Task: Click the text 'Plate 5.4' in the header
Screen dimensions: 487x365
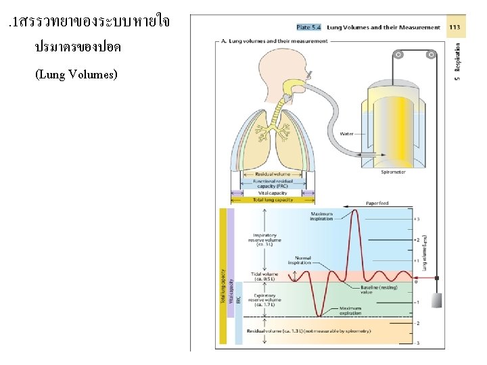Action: [x=308, y=28]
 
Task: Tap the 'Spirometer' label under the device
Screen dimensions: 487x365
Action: [x=393, y=172]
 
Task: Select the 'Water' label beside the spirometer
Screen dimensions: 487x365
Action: [x=347, y=133]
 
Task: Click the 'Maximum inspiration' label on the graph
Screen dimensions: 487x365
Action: [x=321, y=216]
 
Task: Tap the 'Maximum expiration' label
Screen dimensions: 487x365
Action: [x=350, y=310]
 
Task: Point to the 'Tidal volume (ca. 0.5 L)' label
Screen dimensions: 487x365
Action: [x=265, y=276]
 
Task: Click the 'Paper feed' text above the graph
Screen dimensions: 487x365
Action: [x=377, y=203]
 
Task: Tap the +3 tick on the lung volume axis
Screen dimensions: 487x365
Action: [x=418, y=219]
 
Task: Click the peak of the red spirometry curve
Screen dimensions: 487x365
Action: [x=356, y=210]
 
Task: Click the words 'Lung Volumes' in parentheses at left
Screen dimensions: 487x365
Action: [x=76, y=74]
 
